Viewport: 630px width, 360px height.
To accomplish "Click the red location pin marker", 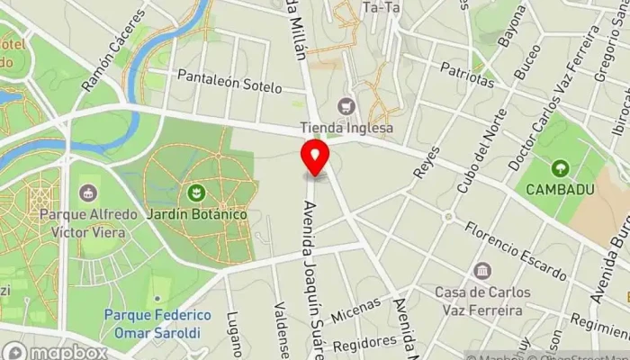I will [315, 158].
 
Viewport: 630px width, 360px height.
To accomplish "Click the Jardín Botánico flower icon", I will [193, 192].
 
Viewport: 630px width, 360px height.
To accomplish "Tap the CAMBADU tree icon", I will [560, 167].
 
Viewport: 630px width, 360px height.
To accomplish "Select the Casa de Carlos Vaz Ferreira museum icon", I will [482, 271].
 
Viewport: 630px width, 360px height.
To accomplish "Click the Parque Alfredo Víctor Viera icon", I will [88, 193].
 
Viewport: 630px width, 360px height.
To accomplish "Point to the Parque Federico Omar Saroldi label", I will [157, 323].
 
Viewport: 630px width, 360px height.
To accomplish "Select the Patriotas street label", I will [467, 74].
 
